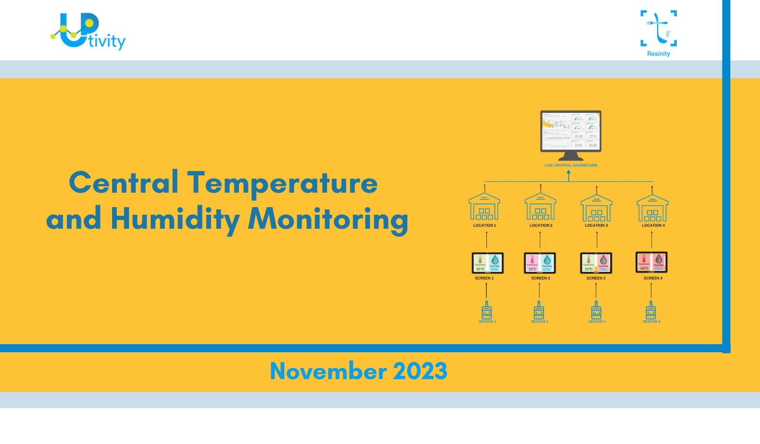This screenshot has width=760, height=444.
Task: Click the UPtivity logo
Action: point(88,31)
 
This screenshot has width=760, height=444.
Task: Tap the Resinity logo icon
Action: point(659,28)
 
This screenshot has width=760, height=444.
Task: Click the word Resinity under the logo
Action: point(659,54)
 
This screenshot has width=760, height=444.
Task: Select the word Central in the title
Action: point(124,183)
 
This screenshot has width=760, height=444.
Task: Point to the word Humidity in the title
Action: point(175,219)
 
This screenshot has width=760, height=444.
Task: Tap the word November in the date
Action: point(329,371)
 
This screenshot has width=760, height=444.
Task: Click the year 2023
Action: point(420,371)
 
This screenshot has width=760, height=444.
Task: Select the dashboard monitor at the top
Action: point(570,135)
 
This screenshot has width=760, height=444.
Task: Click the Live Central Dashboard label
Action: point(570,165)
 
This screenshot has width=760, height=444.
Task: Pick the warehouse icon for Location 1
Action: point(484,207)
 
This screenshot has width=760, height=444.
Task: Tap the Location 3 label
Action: point(596,225)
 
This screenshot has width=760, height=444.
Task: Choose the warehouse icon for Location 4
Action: point(652,208)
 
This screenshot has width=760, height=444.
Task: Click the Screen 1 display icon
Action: point(487,263)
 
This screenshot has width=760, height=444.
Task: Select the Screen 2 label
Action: point(540,278)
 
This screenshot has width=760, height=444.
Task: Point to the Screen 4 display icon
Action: point(651,262)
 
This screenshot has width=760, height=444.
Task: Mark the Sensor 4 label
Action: point(651,321)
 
